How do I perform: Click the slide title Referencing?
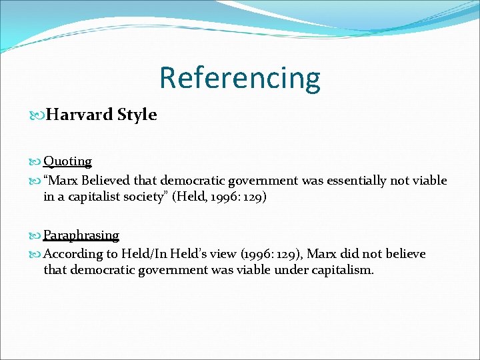(x=239, y=77)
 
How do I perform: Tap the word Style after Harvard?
(x=137, y=115)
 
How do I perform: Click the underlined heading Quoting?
(x=67, y=161)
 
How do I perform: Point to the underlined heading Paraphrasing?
(x=81, y=235)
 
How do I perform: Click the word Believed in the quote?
(x=107, y=181)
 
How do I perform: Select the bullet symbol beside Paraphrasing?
(x=36, y=236)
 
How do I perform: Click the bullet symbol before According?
(x=36, y=255)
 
